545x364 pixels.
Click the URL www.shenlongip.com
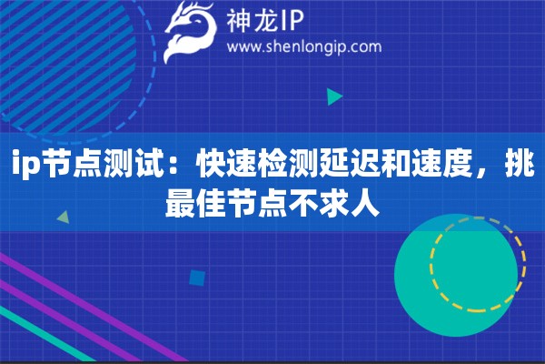pos(303,46)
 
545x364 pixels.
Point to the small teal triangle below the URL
pos(335,96)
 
